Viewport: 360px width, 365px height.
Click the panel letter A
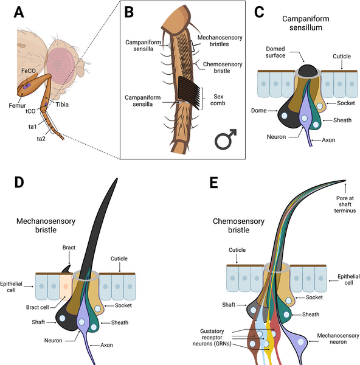(19, 12)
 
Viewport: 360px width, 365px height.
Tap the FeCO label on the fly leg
(29, 71)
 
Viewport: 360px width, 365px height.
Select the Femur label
(17, 105)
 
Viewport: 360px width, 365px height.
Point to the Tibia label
(62, 105)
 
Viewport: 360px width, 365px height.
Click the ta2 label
(41, 139)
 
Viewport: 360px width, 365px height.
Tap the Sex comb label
(218, 100)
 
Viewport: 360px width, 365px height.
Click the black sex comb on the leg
(189, 92)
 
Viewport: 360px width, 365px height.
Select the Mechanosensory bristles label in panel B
(220, 41)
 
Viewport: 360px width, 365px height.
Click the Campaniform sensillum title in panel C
(306, 23)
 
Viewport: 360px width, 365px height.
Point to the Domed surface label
(275, 52)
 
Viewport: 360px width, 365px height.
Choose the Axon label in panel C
(328, 140)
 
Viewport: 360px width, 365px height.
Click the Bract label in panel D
(69, 248)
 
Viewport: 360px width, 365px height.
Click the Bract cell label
(38, 307)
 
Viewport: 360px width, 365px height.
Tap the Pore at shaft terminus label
(345, 204)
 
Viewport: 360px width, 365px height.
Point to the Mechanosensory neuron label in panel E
(338, 339)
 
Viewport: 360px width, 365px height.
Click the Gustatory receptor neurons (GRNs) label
(212, 338)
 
